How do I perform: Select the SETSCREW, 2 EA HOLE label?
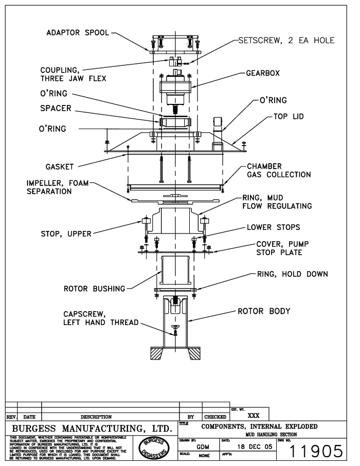286,41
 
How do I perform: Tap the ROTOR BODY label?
263,311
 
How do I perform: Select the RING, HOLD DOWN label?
292,274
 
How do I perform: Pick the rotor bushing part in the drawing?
175,271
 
